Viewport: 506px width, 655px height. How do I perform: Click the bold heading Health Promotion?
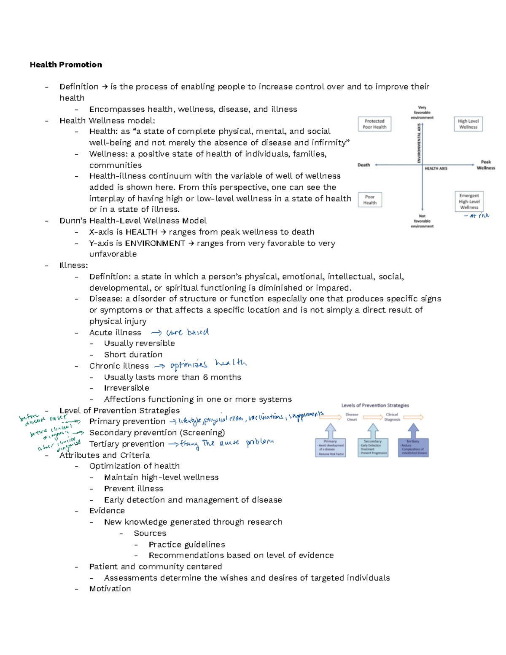coord(66,65)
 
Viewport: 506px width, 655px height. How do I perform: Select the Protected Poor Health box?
coord(374,124)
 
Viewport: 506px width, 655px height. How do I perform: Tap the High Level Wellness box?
coord(468,124)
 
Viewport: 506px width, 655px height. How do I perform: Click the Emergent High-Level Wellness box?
coord(469,202)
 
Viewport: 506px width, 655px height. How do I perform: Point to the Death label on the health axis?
coord(363,165)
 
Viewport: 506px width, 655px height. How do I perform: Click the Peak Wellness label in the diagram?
coord(486,165)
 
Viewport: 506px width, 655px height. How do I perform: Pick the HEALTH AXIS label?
coord(436,168)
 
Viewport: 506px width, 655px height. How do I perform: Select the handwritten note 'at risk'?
coord(477,216)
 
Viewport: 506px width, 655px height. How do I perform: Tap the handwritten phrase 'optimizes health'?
coord(208,364)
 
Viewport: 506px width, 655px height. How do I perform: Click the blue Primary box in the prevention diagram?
coord(331,447)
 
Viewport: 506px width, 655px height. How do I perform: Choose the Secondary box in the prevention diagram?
coord(373,447)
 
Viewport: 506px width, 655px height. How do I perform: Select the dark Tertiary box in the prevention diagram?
coord(413,447)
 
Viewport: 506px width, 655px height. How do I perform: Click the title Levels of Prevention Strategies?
coord(375,405)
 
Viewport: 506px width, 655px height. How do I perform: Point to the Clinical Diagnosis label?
coord(392,417)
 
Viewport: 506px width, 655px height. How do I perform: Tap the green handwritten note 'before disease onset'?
coord(42,420)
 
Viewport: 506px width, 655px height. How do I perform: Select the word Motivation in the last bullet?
coord(110,589)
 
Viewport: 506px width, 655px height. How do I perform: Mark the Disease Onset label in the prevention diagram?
coord(352,417)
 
